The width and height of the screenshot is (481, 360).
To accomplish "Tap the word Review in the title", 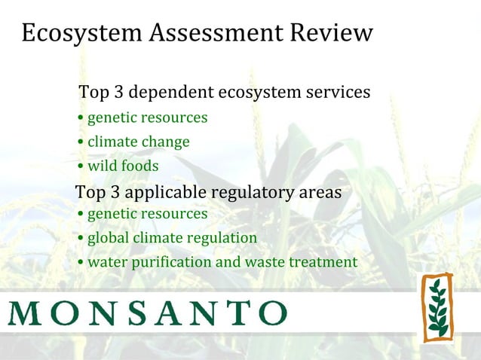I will pyautogui.click(x=329, y=33).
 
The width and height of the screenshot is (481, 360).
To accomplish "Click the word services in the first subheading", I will pyautogui.click(x=337, y=93).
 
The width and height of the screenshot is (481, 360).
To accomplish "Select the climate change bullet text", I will pyautogui.click(x=138, y=142).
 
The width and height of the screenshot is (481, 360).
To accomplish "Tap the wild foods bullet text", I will pyautogui.click(x=123, y=166).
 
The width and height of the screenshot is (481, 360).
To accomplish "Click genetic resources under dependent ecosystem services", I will pyautogui.click(x=147, y=118).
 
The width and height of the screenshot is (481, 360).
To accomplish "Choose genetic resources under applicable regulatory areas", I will pyautogui.click(x=147, y=215).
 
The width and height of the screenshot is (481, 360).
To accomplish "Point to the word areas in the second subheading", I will pyautogui.click(x=320, y=193).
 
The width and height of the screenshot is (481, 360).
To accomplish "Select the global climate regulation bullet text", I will pyautogui.click(x=172, y=239).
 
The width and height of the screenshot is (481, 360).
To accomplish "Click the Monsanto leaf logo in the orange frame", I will pyautogui.click(x=437, y=307).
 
